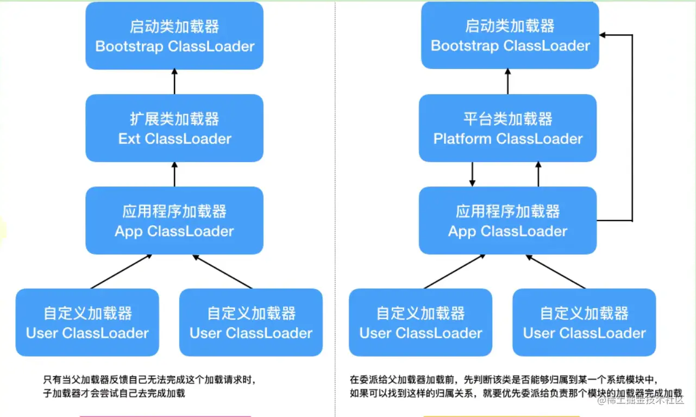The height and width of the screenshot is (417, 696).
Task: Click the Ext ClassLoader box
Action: [174, 128]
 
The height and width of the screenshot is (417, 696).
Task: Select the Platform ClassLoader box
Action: [507, 128]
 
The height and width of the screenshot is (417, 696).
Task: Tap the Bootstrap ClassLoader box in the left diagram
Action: [174, 35]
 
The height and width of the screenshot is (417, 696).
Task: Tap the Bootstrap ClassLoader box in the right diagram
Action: [510, 35]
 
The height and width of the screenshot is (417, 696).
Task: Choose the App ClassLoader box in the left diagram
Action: [174, 220]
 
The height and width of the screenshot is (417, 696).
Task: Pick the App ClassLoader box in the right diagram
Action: [507, 220]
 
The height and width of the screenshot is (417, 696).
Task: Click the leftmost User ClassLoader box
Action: [87, 322]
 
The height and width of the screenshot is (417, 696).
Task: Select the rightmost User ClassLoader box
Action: [584, 322]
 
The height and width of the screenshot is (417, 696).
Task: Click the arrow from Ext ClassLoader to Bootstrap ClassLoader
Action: [174, 82]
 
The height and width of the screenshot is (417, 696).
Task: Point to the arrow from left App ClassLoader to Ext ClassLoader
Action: [174, 174]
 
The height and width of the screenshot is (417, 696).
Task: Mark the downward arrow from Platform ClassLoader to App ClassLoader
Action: [473, 174]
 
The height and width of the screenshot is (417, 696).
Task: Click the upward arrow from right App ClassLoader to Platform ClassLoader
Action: [538, 174]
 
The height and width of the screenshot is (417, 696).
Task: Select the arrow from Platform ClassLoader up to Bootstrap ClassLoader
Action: [508, 82]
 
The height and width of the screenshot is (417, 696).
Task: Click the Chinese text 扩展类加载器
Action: [174, 119]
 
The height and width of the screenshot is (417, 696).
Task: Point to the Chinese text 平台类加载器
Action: [507, 119]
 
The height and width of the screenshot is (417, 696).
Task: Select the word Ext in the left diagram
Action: [129, 139]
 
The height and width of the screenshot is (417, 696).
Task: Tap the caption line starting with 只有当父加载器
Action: [149, 380]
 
